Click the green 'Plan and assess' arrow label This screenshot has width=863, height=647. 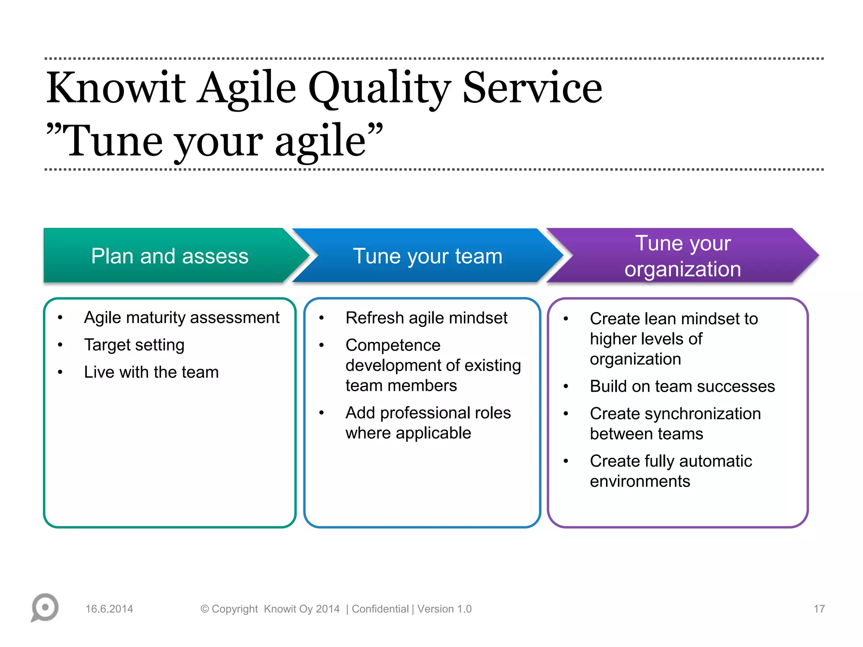pos(170,256)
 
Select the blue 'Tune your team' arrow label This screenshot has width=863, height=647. pos(428,256)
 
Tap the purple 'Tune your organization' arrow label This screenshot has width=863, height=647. pos(683,256)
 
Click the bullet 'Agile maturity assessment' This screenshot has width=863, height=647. pos(182,318)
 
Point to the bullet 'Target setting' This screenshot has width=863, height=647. pos(134,345)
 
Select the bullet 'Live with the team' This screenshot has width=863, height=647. pos(151,372)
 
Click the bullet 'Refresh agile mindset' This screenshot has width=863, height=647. pos(426,318)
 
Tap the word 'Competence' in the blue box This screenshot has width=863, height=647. pos(393,345)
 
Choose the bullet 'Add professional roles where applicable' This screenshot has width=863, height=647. pos(428,423)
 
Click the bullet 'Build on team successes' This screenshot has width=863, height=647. pos(682,387)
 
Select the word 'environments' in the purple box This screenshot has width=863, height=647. pos(640,481)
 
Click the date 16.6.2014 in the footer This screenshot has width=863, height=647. pos(109,609)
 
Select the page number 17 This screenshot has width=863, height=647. pos(819,609)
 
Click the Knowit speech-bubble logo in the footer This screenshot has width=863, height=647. pos(45,608)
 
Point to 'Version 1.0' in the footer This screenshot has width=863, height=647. pos(445,609)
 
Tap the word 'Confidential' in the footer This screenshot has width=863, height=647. pos(380,609)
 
